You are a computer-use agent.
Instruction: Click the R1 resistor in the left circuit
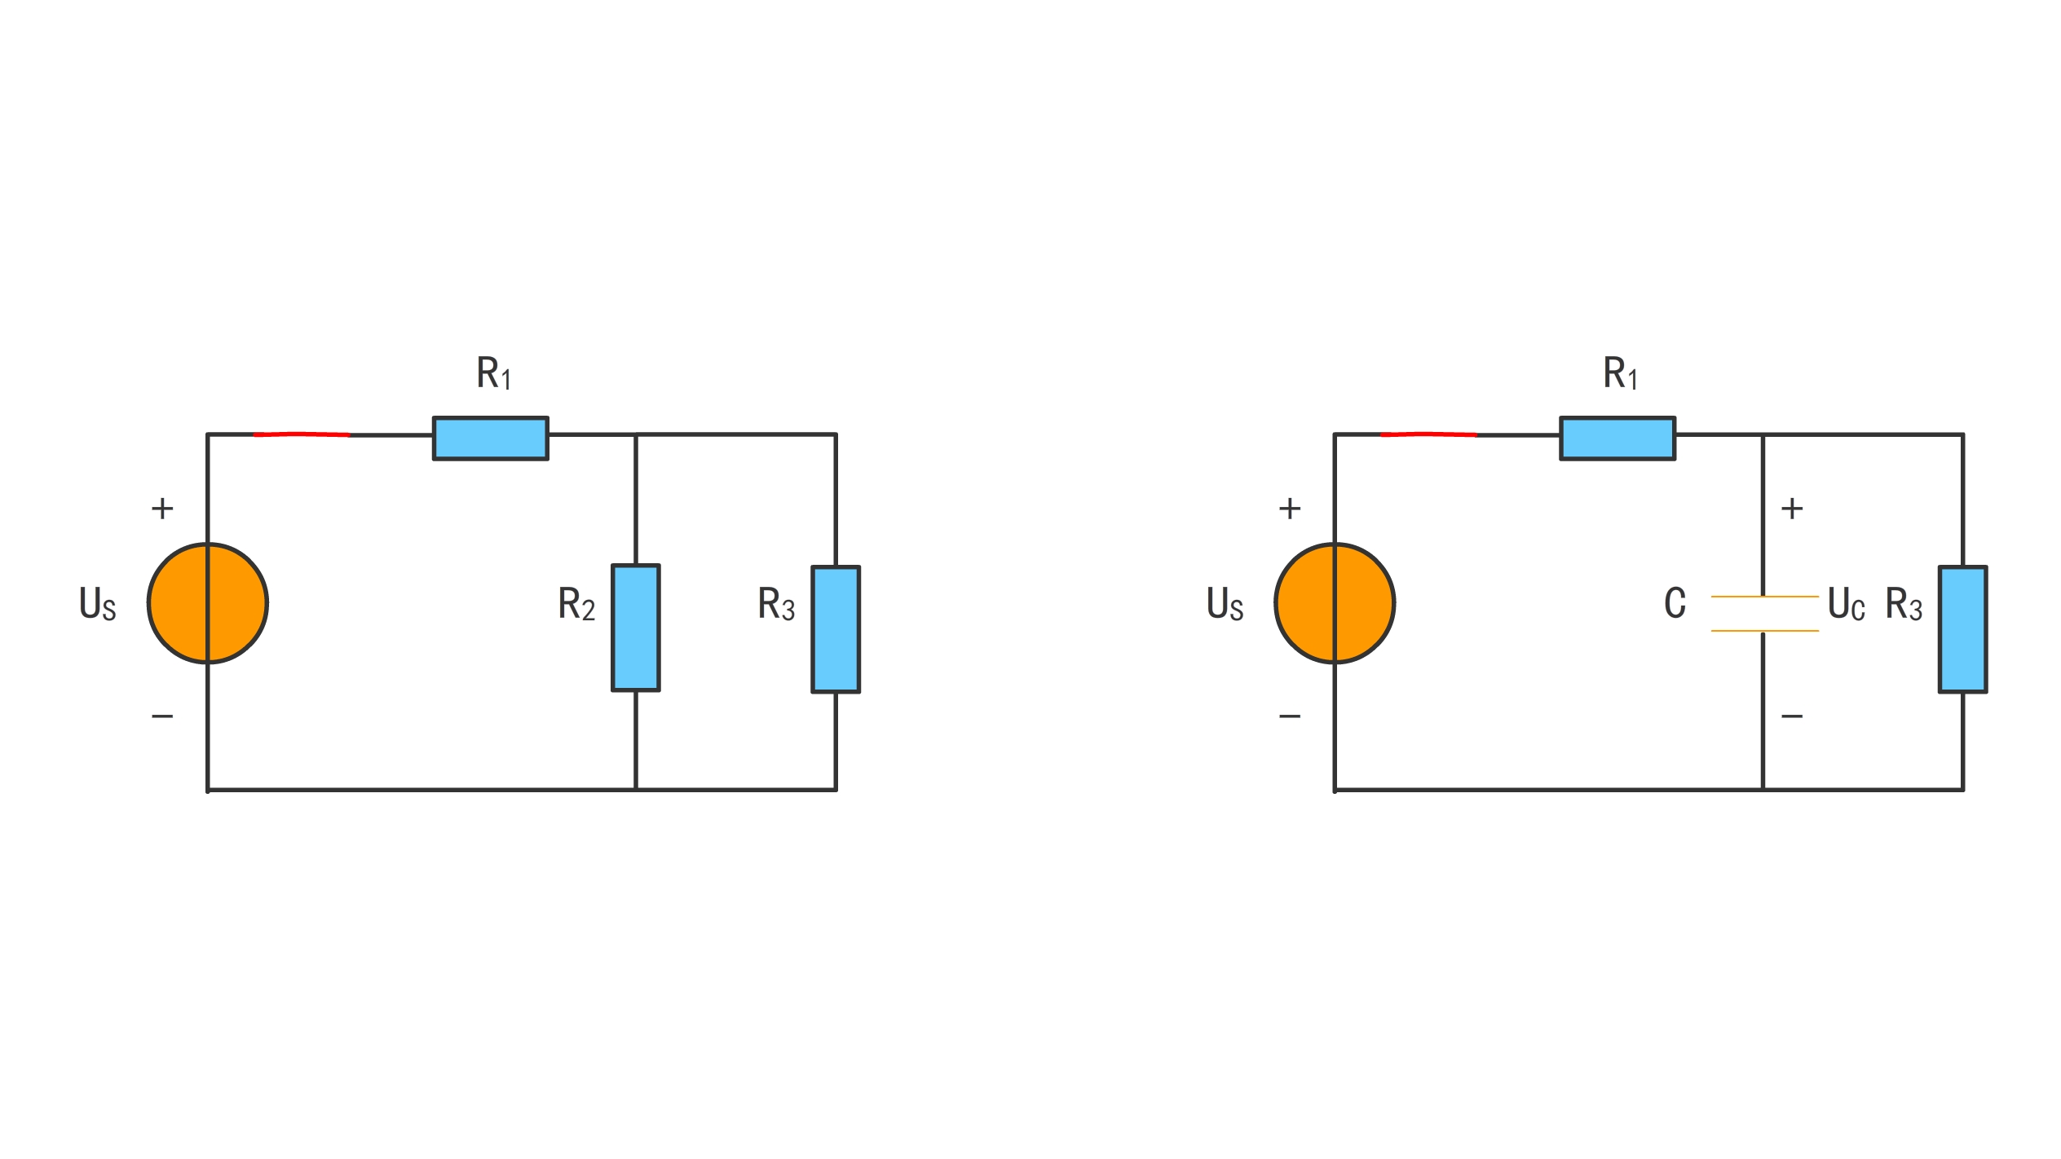point(490,438)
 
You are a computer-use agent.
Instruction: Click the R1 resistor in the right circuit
point(1617,438)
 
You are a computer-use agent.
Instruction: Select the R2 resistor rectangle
point(636,628)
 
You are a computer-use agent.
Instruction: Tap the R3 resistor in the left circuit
point(836,629)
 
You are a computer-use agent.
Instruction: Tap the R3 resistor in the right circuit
point(1962,629)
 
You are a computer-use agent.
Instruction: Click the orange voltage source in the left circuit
point(208,603)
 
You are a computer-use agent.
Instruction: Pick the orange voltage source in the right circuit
point(1335,603)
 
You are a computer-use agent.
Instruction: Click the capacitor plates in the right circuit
point(1764,614)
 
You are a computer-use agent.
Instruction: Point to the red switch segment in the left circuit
point(302,434)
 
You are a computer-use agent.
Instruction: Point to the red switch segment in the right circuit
point(1428,434)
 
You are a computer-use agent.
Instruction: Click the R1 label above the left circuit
point(494,373)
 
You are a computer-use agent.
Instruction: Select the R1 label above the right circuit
point(1621,373)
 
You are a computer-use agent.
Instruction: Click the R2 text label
point(576,604)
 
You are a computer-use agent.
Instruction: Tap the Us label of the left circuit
point(98,604)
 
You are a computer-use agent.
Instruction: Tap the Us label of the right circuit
point(1225,604)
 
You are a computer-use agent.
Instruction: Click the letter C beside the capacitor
point(1675,603)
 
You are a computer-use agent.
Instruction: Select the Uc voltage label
point(1846,604)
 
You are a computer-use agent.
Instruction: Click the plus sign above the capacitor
point(1792,509)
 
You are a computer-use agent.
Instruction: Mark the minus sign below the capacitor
point(1792,716)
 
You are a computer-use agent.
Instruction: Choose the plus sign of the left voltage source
point(162,509)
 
